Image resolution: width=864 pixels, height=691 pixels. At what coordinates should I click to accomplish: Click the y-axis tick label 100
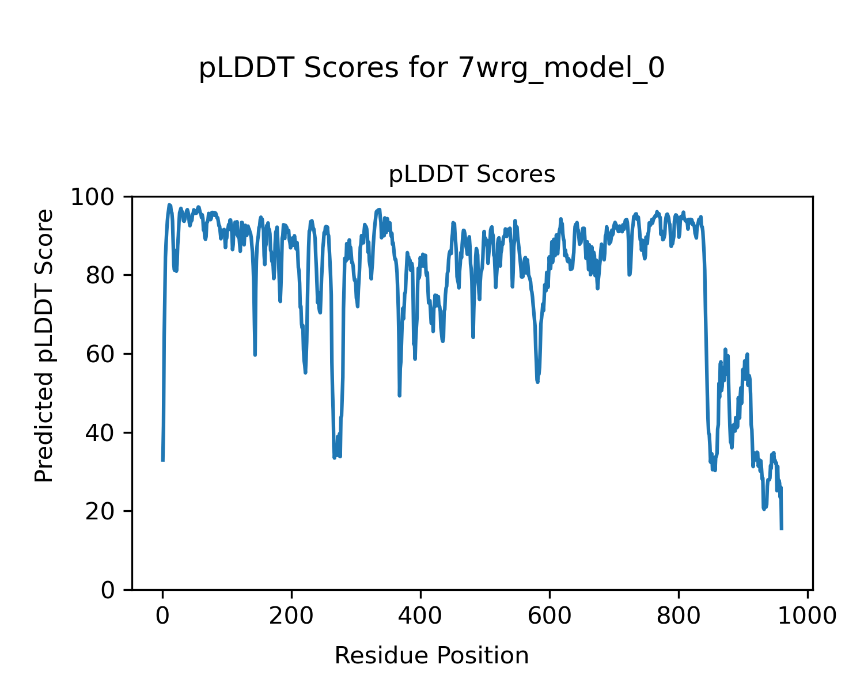pyautogui.click(x=97, y=198)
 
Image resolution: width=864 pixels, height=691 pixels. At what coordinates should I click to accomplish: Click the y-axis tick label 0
pyautogui.click(x=107, y=590)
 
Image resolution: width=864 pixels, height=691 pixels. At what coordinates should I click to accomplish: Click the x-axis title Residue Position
pyautogui.click(x=431, y=656)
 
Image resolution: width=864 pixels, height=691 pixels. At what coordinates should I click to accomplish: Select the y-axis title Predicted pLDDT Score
pyautogui.click(x=44, y=345)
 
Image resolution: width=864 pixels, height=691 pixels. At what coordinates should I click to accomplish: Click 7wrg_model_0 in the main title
pyautogui.click(x=562, y=69)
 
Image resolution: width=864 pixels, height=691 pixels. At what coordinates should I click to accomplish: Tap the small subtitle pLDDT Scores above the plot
pyautogui.click(x=472, y=174)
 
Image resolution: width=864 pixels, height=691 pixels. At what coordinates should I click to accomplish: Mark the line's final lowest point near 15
pyautogui.click(x=782, y=529)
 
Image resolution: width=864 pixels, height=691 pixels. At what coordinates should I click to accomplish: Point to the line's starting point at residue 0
pyautogui.click(x=163, y=460)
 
